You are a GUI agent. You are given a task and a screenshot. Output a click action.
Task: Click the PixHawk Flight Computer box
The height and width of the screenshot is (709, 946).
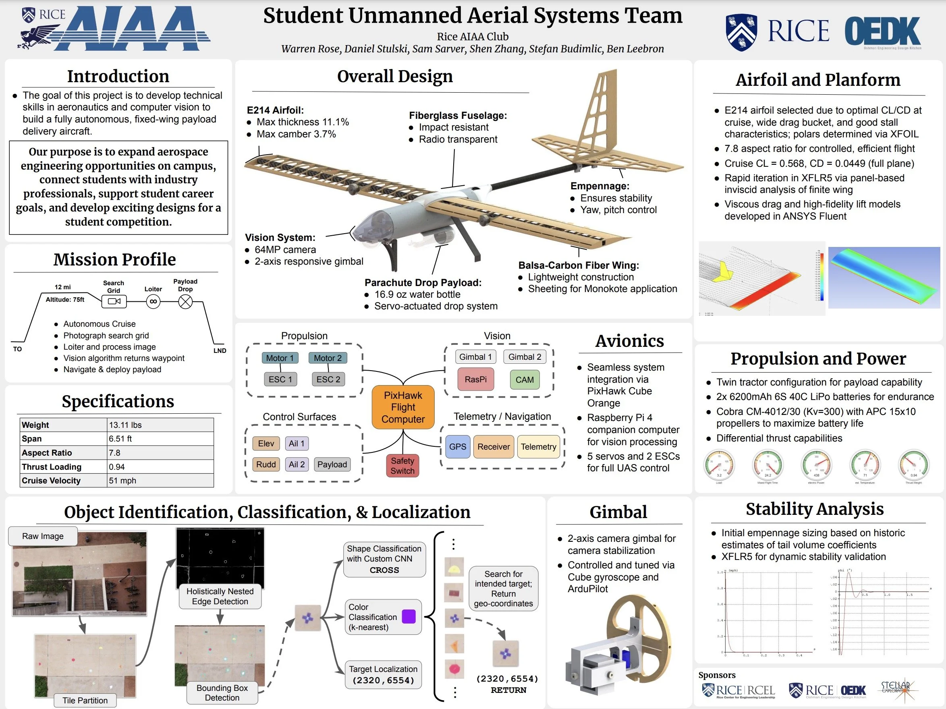[403, 407]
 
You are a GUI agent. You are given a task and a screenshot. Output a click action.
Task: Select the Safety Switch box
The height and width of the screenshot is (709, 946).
[402, 466]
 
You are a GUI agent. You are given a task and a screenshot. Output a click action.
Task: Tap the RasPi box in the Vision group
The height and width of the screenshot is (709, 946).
[475, 379]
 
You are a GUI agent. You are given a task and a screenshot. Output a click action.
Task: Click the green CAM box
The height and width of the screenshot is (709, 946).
[524, 380]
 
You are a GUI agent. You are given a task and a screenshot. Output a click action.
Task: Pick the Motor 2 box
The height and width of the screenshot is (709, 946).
[328, 358]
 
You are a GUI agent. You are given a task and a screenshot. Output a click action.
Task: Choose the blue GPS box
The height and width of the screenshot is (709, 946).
[458, 446]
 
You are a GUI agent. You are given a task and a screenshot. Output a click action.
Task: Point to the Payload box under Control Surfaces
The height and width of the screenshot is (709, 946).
[332, 464]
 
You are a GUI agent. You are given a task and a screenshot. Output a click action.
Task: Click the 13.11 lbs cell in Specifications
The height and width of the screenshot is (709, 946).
[160, 425]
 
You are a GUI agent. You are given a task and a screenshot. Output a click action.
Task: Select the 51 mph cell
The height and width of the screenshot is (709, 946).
[160, 480]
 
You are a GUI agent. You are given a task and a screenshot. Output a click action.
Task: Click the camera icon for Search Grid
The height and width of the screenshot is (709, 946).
[114, 301]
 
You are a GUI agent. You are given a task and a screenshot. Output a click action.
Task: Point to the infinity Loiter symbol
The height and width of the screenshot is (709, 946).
[153, 302]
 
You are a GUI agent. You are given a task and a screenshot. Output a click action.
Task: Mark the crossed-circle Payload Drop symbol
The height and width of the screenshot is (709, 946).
[185, 302]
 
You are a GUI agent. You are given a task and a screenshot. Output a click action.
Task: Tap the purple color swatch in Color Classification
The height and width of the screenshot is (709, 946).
[409, 617]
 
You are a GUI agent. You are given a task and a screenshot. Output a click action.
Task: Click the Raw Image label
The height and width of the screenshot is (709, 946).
[43, 536]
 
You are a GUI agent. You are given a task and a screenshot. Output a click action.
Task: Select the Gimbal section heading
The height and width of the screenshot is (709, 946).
[618, 512]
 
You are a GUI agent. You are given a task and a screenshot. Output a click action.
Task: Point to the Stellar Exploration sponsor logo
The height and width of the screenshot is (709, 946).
[896, 689]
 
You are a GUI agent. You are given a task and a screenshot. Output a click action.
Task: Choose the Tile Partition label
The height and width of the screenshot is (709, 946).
[85, 700]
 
